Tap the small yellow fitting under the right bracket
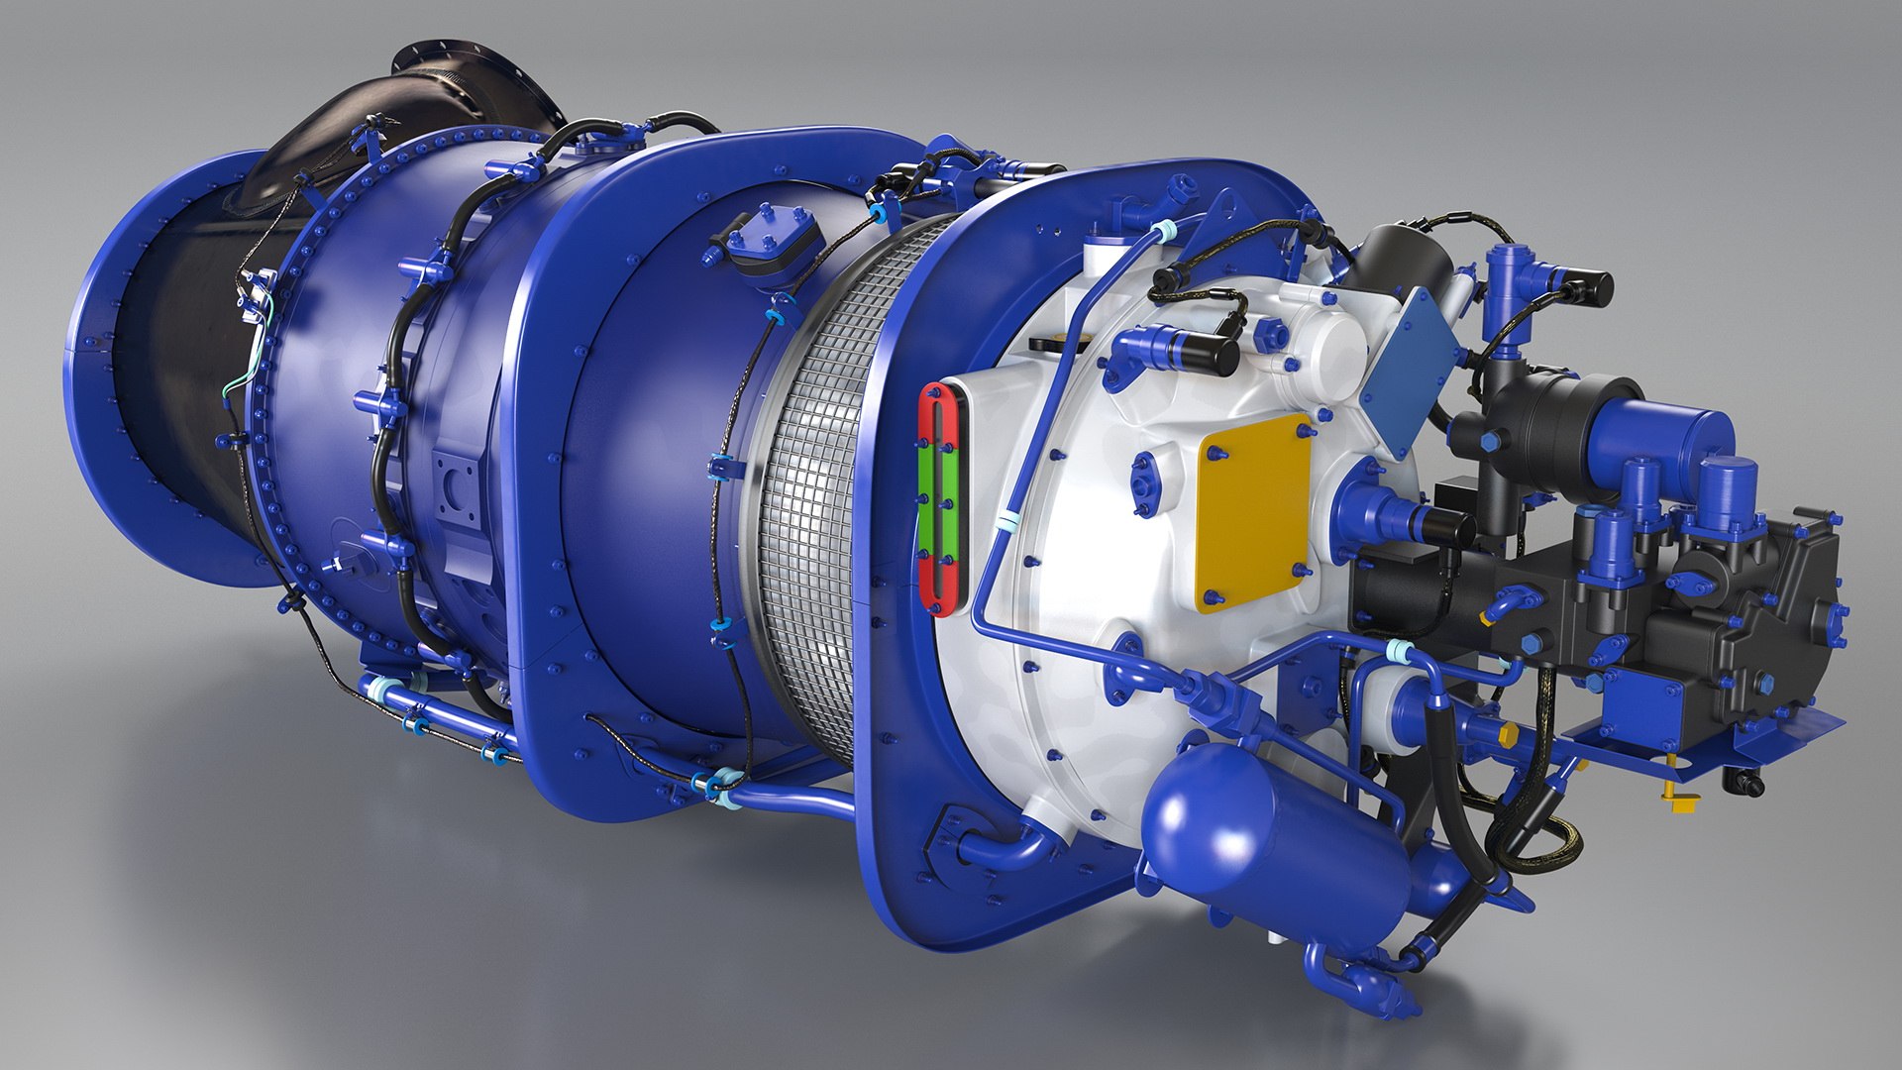(x=1678, y=798)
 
